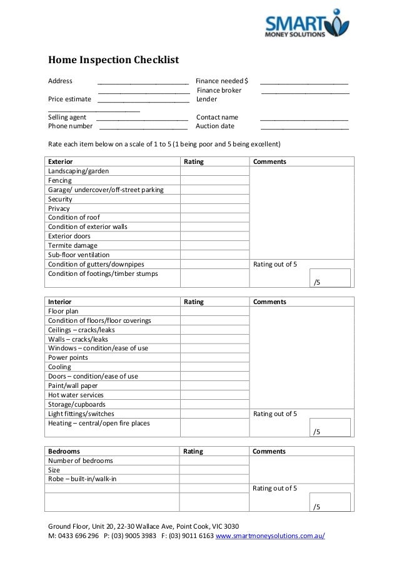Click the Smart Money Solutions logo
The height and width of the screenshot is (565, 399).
pos(306,24)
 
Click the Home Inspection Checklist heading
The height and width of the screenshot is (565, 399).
pos(114,61)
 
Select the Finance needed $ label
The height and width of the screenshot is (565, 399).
pos(221,81)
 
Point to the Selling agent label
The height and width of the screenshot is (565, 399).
pos(68,117)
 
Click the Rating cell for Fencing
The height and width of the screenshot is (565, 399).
pos(214,180)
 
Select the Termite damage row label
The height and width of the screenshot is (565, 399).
pos(73,245)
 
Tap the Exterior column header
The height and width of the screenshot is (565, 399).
pos(61,161)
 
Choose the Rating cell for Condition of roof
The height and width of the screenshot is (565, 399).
pos(214,218)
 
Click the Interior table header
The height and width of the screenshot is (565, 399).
pos(60,302)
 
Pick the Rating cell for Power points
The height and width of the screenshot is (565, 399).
pos(214,358)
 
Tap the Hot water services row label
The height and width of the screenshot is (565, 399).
pos(76,395)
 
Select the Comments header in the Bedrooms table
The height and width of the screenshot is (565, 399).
pos(269,451)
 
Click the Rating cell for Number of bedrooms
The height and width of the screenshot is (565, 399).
pos(214,461)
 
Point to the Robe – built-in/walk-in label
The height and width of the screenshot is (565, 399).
pos(82,479)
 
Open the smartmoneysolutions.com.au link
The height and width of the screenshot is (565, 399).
pos(270,536)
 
